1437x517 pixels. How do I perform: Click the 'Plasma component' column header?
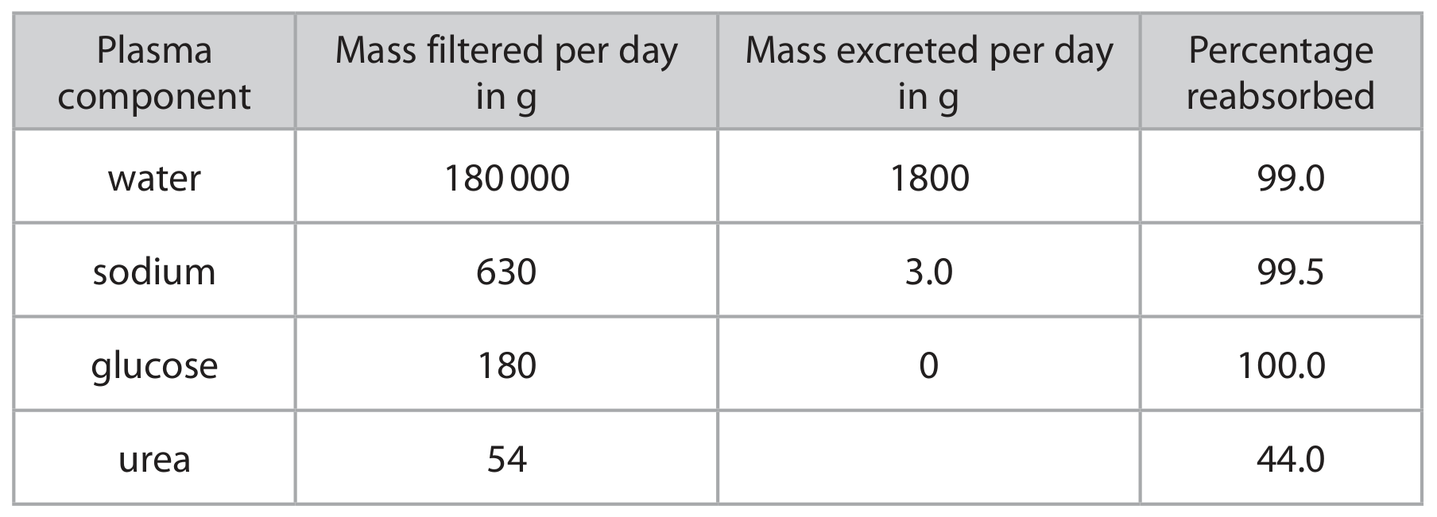(x=154, y=73)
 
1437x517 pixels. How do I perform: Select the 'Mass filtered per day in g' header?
(x=506, y=73)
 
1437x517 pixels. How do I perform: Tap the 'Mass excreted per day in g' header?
(x=928, y=73)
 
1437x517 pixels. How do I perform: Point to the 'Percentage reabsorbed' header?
(x=1280, y=73)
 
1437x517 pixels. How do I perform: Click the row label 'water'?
(x=154, y=178)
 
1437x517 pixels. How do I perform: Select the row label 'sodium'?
(x=154, y=272)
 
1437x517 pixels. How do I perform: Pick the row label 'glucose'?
(x=154, y=366)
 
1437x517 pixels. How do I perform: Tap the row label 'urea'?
(x=154, y=460)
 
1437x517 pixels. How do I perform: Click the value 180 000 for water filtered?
(x=506, y=178)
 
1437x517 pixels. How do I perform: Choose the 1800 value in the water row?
(x=928, y=178)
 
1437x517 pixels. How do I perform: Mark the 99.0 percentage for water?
(x=1291, y=178)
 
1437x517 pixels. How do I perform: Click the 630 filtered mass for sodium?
(x=506, y=272)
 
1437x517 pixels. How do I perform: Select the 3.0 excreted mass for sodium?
(x=928, y=272)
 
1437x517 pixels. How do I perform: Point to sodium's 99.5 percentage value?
(x=1291, y=272)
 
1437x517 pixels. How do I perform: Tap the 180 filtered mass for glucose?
(x=506, y=366)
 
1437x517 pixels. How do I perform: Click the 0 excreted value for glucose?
(x=928, y=366)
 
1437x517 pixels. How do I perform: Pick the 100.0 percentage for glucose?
(x=1281, y=366)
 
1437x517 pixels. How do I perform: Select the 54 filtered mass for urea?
(x=506, y=460)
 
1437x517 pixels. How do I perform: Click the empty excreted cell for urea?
(x=928, y=457)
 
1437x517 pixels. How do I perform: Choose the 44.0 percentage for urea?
(x=1291, y=460)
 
